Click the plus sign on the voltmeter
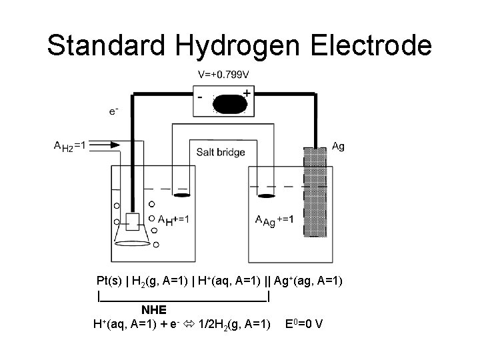[247, 94]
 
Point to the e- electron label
[115, 111]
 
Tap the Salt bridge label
[221, 152]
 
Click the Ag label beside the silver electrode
[338, 146]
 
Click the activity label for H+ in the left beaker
[173, 219]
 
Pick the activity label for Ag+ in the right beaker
[275, 219]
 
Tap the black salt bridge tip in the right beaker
[267, 195]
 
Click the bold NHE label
[154, 309]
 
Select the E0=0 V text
[305, 325]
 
